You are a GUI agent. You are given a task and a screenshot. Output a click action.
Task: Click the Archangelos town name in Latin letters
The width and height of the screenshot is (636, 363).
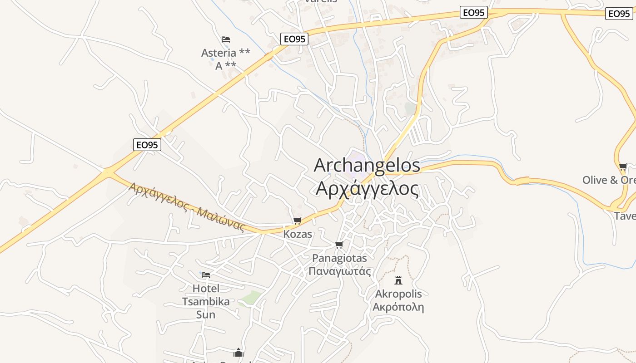coord(367,165)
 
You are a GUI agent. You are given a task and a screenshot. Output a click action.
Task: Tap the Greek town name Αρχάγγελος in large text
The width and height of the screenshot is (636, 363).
coord(367,188)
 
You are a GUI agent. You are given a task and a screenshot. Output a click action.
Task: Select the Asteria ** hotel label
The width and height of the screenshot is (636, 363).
coord(226,53)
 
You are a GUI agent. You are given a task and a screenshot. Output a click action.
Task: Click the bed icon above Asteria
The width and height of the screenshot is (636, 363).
coord(226,39)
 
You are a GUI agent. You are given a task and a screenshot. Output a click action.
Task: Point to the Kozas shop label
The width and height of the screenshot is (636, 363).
coord(298,234)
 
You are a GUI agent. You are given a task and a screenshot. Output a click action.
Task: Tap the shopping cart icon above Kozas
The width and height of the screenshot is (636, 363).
coord(298,221)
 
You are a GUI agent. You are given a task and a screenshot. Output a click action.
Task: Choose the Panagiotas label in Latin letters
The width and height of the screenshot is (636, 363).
coord(339,258)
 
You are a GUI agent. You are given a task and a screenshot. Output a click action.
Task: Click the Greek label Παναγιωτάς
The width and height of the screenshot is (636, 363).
coord(339,271)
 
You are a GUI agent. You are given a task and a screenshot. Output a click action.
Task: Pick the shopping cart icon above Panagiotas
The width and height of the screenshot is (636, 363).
coord(339,245)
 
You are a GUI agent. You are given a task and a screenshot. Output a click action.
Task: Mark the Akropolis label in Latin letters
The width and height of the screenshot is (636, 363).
coord(398,294)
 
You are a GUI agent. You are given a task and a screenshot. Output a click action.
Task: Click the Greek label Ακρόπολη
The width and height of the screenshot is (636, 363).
coord(398,307)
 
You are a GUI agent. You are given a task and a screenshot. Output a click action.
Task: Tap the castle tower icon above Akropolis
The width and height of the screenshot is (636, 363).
coord(398,280)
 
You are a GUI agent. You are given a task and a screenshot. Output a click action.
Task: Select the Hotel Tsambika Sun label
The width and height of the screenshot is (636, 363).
coord(206,301)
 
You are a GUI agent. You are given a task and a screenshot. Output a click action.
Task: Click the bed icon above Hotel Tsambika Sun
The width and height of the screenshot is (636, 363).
coord(206,275)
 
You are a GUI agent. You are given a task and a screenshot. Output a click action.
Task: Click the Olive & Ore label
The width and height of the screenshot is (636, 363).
coord(609,180)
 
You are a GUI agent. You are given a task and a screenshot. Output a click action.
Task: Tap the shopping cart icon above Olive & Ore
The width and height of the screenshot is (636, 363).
coord(623,167)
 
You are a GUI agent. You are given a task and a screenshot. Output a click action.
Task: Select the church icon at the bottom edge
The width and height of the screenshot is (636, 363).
coord(238,353)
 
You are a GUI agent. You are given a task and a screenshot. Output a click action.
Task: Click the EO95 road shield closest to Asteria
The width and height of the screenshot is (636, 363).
coord(294,39)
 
